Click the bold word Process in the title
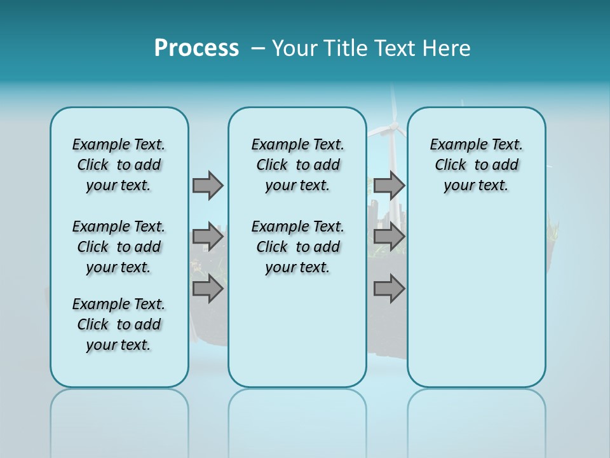[x=196, y=48]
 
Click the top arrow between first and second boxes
[x=208, y=185]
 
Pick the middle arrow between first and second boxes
[x=208, y=237]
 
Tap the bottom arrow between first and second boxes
[x=208, y=289]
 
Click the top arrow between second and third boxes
[x=389, y=185]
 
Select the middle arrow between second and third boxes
[x=389, y=237]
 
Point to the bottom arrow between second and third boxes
[x=389, y=289]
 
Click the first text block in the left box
[x=119, y=165]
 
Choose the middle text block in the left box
[x=119, y=247]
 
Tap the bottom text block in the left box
[x=119, y=324]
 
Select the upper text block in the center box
[x=297, y=165]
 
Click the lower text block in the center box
[x=297, y=247]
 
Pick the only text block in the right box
[x=476, y=165]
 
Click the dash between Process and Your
[x=258, y=48]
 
